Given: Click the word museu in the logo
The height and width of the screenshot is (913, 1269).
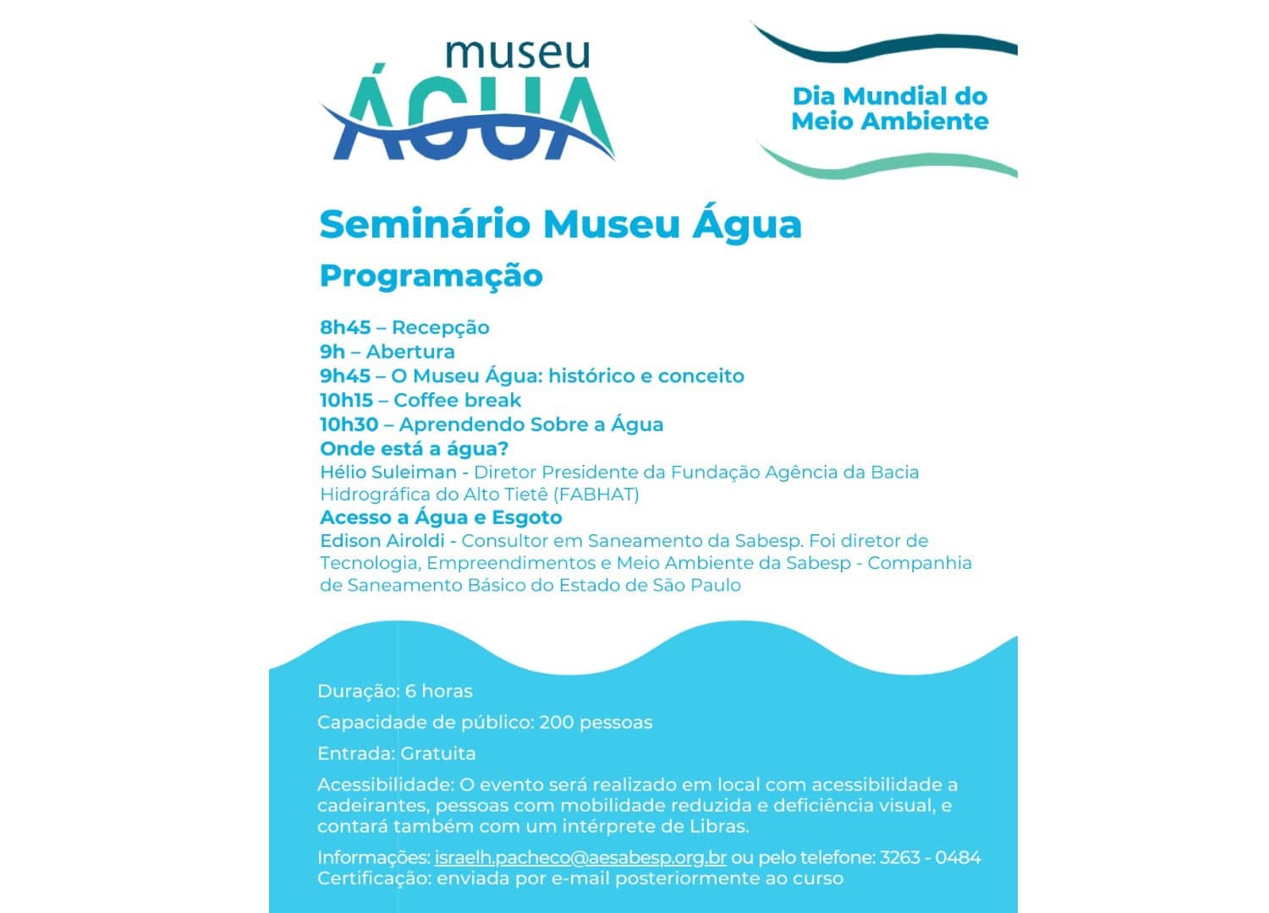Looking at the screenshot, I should click(x=517, y=54).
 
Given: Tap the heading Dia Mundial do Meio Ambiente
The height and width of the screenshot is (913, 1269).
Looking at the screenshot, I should click(x=889, y=108).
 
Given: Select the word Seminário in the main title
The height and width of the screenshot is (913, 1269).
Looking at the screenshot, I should click(x=425, y=224).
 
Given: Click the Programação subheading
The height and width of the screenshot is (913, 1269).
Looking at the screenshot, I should click(x=431, y=276).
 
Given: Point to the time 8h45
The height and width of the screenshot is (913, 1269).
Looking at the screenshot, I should click(x=345, y=327).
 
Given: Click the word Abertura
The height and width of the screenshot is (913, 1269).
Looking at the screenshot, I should click(x=410, y=352).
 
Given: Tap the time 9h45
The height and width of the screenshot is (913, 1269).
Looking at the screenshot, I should click(x=345, y=376).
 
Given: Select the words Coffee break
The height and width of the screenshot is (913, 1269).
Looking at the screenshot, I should click(x=457, y=400).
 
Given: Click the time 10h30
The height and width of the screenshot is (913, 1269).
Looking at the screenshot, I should click(x=349, y=424).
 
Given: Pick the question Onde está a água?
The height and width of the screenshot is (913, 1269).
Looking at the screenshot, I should click(x=414, y=449).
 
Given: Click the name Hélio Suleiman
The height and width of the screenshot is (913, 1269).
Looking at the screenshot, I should click(x=387, y=472).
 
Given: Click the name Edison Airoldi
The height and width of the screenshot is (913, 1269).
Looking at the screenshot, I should click(x=387, y=540).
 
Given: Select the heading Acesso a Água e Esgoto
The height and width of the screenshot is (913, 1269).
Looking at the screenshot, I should click(x=440, y=517).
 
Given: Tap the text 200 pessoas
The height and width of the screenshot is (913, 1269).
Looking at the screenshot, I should click(x=596, y=722).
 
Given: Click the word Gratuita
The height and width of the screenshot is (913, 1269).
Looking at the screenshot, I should click(x=437, y=753).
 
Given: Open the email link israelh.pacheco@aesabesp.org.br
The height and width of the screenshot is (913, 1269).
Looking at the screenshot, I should click(x=580, y=857).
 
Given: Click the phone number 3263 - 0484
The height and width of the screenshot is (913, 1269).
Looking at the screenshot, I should click(x=930, y=857).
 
